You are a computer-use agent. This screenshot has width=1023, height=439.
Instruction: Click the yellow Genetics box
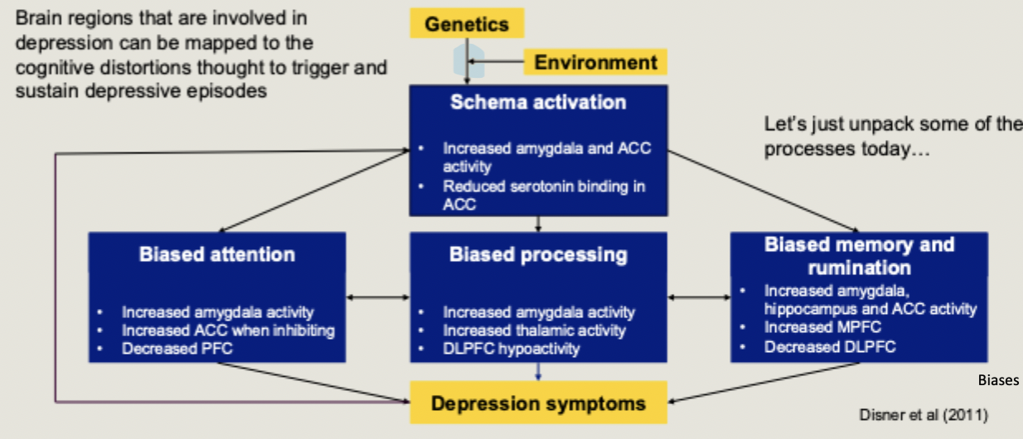(x=467, y=23)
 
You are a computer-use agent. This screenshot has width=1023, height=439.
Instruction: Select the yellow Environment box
(x=595, y=62)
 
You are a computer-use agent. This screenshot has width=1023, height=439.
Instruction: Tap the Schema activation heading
(x=538, y=103)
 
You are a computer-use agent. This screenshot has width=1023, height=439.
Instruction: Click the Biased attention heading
(x=216, y=254)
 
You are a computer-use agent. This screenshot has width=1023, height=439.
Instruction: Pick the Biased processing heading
(x=538, y=254)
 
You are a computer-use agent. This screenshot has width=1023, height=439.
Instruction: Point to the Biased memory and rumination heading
(x=859, y=256)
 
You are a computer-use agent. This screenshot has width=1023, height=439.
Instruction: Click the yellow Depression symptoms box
(x=538, y=403)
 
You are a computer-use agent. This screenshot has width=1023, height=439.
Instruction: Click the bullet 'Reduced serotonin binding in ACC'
(x=543, y=195)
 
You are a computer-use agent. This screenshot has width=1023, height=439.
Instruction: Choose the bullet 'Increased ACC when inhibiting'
(x=228, y=330)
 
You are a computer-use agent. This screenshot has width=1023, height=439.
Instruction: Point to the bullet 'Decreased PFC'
(x=177, y=349)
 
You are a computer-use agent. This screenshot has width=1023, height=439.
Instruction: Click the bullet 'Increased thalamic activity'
(x=534, y=330)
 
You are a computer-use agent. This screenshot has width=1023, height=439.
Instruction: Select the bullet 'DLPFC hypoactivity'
(x=511, y=349)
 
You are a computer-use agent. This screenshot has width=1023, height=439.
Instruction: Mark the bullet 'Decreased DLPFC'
(x=830, y=346)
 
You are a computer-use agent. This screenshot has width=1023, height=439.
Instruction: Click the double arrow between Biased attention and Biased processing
(x=378, y=296)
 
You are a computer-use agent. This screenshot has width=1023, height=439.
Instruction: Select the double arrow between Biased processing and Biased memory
(x=699, y=296)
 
